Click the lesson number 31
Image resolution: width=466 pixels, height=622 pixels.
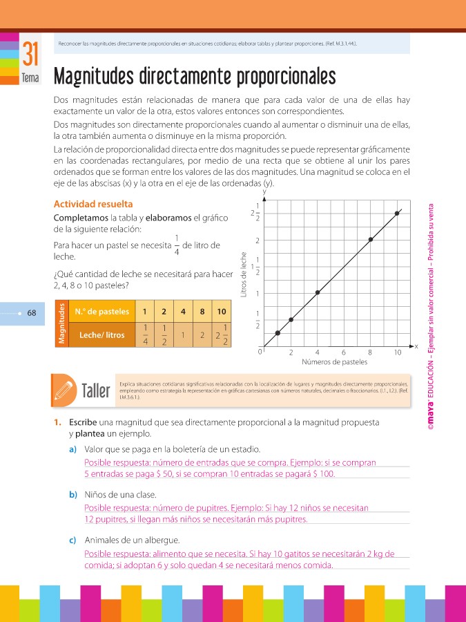tap(30, 55)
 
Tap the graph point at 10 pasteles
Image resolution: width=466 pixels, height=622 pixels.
tap(397, 214)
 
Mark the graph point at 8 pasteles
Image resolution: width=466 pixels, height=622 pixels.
tap(371, 240)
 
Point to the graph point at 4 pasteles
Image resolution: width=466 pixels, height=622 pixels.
tap(318, 292)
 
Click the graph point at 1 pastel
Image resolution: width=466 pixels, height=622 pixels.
tap(278, 332)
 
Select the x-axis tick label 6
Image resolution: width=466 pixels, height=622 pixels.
tap(344, 352)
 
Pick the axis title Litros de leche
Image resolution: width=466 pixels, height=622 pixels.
tap(244, 273)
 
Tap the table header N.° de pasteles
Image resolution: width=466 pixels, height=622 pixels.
tap(101, 312)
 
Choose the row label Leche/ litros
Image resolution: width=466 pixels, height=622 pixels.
tap(102, 335)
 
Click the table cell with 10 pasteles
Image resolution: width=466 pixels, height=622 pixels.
tap(221, 312)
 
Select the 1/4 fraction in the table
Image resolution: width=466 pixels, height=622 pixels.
tap(146, 335)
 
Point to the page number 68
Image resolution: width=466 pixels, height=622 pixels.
tap(32, 312)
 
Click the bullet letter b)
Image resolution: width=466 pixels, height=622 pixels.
tap(72, 495)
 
